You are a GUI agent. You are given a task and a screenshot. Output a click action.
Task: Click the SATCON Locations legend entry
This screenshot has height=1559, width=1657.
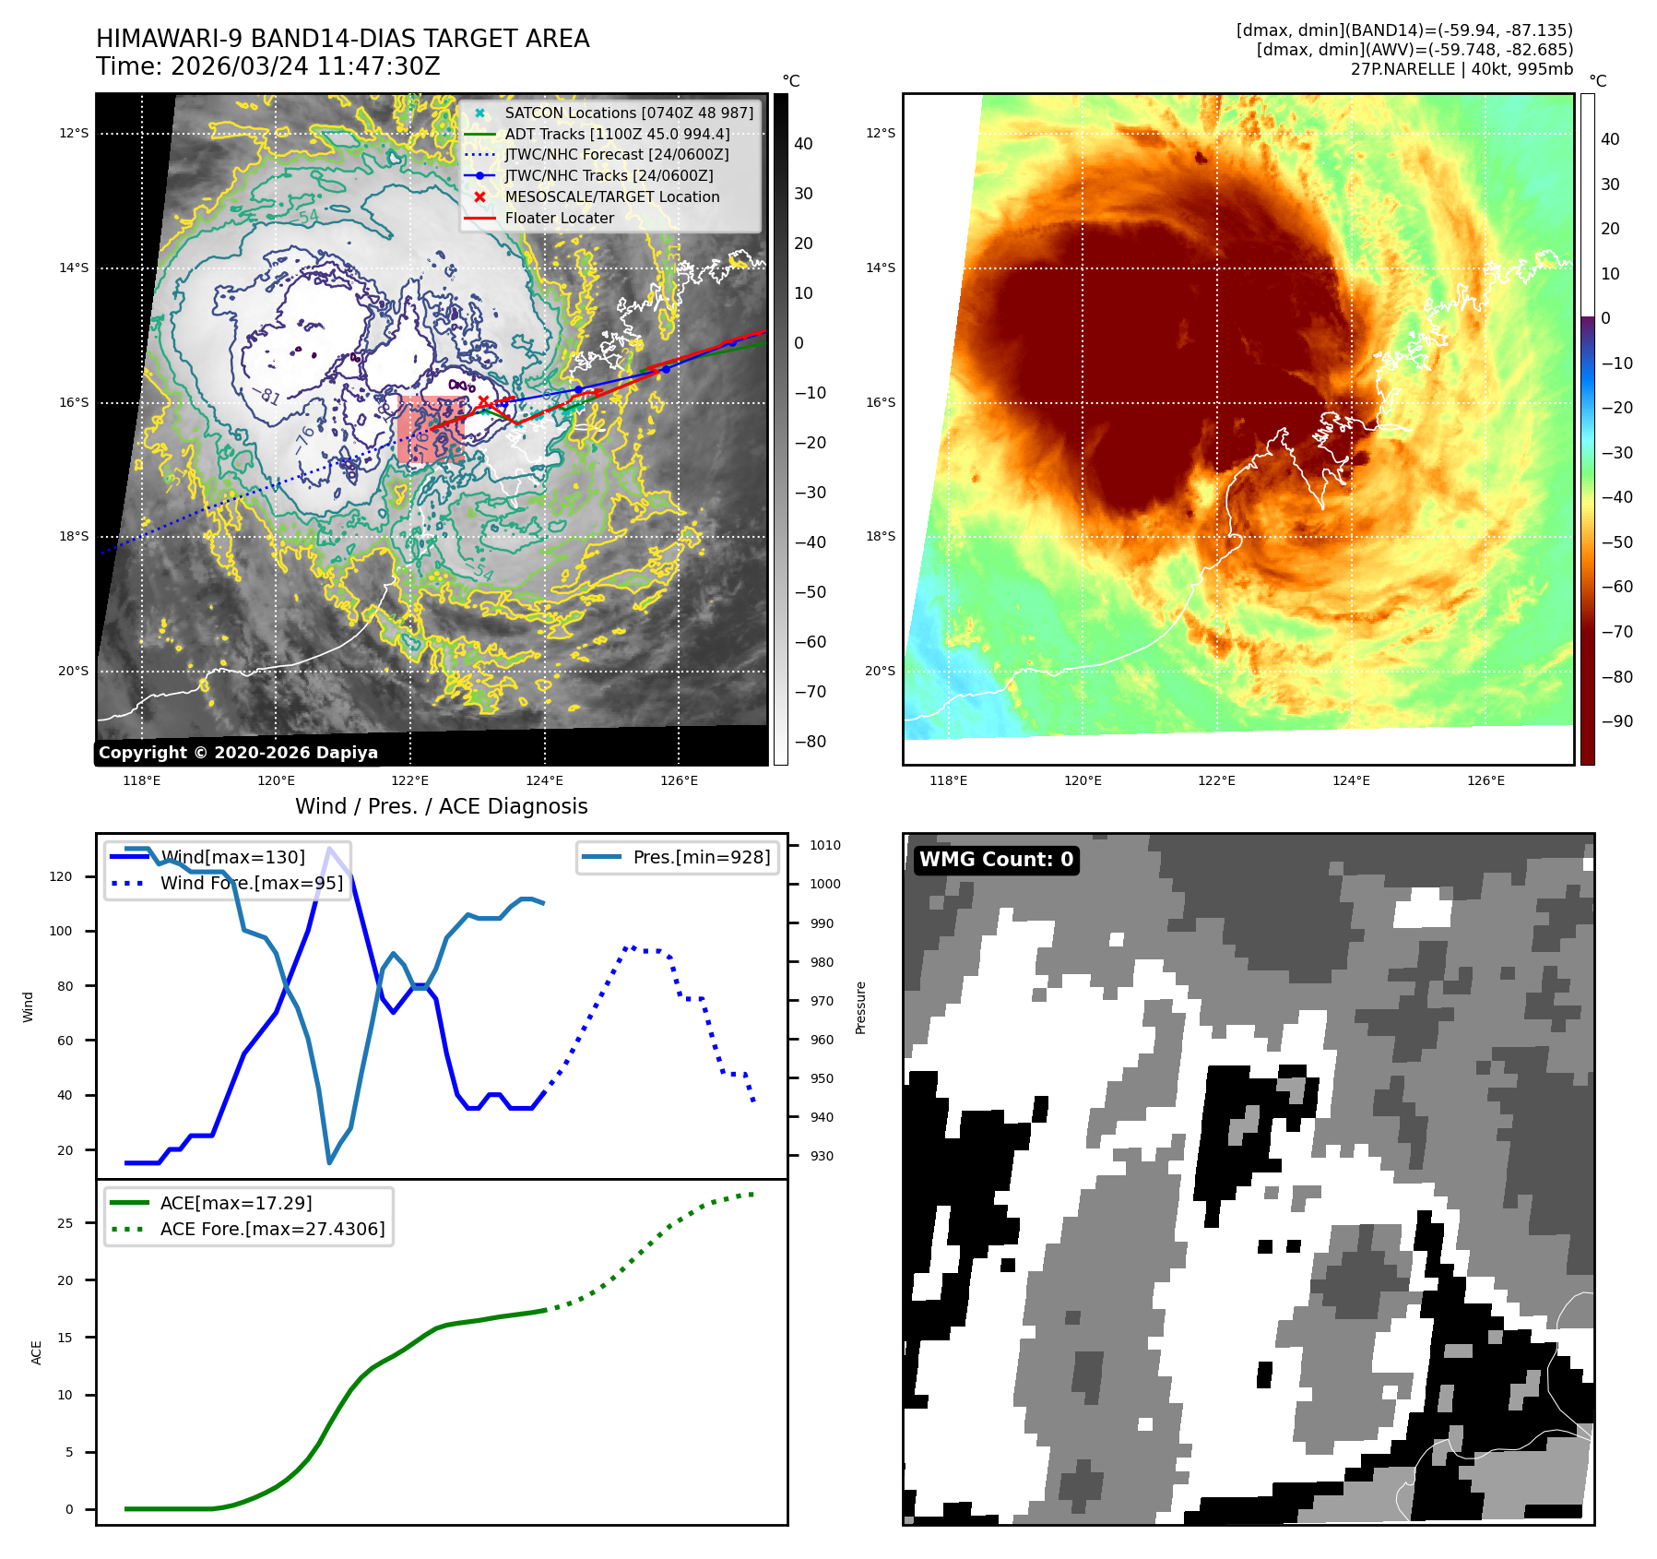tap(628, 113)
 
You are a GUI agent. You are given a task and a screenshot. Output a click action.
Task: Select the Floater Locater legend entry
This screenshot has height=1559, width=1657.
tap(559, 218)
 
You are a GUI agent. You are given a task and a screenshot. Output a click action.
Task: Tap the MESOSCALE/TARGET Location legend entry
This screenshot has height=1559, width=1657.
tap(611, 196)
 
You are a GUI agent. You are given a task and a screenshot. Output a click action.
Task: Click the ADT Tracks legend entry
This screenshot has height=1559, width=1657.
tap(617, 134)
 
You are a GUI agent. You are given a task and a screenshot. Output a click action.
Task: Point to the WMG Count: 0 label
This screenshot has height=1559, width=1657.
tap(996, 860)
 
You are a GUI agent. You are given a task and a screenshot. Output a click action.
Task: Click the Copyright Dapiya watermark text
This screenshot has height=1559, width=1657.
tap(238, 753)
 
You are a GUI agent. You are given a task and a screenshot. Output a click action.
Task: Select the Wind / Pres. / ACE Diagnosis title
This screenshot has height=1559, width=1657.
tap(441, 806)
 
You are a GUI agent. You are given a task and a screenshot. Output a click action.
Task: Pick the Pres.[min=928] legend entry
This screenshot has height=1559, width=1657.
tap(701, 857)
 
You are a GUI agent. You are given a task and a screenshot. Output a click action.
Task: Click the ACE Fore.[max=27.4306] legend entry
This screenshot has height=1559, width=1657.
tap(272, 1229)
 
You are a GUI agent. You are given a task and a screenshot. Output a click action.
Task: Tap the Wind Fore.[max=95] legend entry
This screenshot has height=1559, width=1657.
tap(251, 883)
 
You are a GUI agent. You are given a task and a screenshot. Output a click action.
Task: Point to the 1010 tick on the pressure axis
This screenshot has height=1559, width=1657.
tap(824, 845)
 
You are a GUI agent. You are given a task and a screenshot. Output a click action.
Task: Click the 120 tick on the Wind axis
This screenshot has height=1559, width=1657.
tap(61, 876)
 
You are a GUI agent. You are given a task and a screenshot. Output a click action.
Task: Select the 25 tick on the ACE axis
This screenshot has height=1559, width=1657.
tap(65, 1223)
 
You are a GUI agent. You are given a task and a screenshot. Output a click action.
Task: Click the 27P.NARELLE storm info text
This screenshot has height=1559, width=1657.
tap(1462, 69)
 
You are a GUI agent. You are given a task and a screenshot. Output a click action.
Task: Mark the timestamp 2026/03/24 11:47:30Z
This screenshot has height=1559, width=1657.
tap(305, 66)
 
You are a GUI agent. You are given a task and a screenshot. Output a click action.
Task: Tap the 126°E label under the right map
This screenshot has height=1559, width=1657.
tap(1485, 780)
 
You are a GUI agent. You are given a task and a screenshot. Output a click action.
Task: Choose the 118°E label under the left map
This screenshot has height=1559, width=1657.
tap(142, 780)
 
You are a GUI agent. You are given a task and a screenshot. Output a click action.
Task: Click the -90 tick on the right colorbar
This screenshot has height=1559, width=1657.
tap(1616, 721)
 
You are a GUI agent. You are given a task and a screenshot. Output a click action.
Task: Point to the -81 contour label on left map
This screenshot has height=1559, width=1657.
tap(267, 397)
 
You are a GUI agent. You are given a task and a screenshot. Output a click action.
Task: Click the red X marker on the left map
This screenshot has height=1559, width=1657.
tap(483, 401)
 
